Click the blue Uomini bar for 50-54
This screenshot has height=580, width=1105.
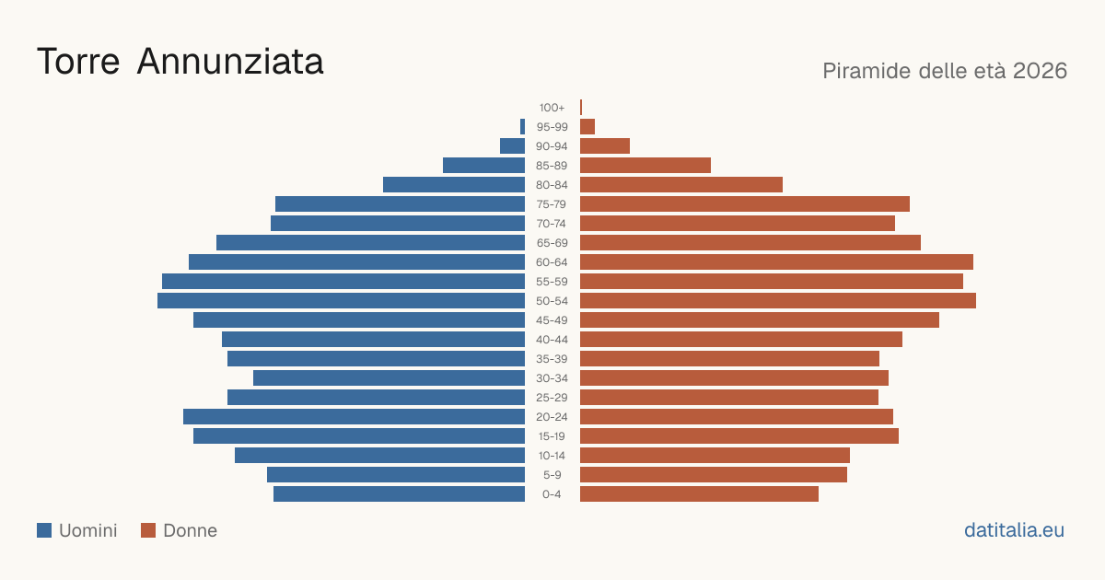click(x=341, y=301)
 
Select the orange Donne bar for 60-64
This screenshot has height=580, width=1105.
click(x=776, y=261)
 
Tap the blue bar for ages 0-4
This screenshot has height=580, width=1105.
click(x=399, y=494)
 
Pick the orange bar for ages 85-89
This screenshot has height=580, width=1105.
click(x=646, y=165)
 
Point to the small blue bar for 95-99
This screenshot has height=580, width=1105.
click(x=522, y=127)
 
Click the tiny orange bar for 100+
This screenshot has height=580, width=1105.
click(x=581, y=108)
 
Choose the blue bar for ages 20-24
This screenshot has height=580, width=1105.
click(x=355, y=417)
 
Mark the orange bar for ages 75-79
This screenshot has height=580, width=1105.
click(x=745, y=204)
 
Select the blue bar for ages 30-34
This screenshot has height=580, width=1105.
click(x=390, y=378)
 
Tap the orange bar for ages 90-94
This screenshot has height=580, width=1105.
click(x=605, y=146)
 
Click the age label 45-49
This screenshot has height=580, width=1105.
click(x=552, y=320)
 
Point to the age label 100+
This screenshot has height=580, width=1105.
click(x=552, y=108)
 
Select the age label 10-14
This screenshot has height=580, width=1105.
click(x=552, y=456)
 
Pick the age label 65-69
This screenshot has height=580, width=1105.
click(x=552, y=243)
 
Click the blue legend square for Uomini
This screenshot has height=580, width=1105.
click(x=44, y=530)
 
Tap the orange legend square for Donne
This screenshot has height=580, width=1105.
click(x=148, y=530)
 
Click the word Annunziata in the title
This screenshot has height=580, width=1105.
click(x=230, y=62)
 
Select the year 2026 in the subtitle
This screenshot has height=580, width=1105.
click(x=1041, y=71)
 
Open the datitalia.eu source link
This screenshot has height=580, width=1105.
click(x=1014, y=530)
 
